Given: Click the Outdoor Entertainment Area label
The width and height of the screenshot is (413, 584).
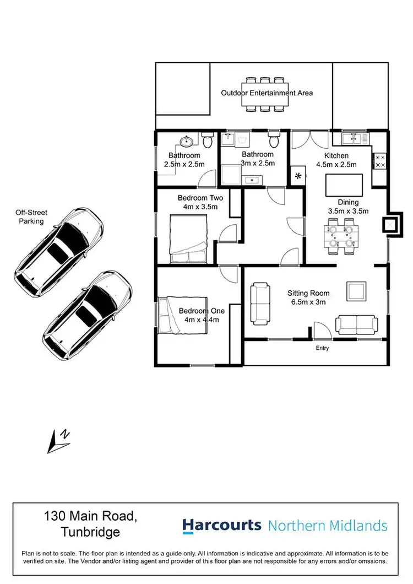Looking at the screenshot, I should click(x=267, y=93).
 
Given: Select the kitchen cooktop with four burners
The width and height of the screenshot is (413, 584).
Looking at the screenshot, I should click(x=380, y=161).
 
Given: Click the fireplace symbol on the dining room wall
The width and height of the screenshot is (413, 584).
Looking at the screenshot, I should click(x=392, y=225).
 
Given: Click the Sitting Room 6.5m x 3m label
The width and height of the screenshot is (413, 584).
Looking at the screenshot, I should click(x=308, y=298).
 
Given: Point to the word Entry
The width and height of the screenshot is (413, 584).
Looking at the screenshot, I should click(x=322, y=348).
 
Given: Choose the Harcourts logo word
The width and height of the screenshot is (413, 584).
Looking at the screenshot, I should click(x=222, y=526).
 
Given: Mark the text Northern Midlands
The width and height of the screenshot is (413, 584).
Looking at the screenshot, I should click(x=328, y=526).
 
